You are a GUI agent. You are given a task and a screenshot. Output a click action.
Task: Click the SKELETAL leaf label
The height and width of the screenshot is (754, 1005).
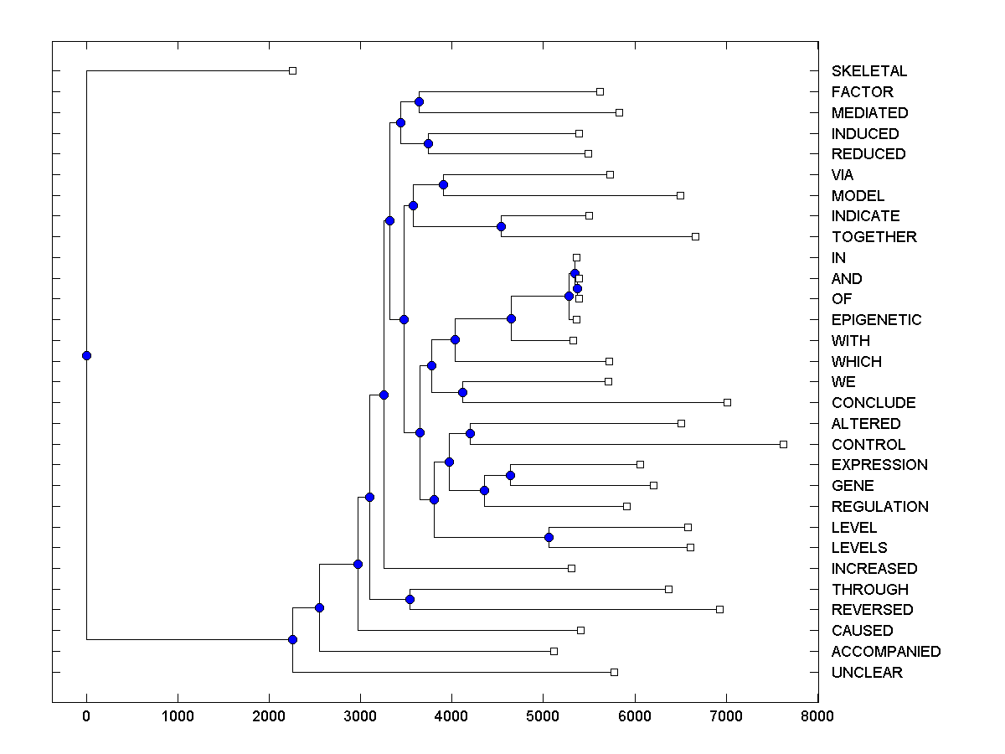(868, 71)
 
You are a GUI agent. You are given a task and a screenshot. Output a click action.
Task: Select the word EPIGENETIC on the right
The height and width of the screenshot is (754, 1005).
(876, 320)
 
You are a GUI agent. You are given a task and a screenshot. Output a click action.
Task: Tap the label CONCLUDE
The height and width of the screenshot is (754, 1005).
(874, 403)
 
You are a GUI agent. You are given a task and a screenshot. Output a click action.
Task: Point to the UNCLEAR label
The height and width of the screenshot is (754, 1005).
(867, 673)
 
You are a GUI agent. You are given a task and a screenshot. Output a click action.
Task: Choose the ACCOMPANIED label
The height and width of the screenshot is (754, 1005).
(886, 652)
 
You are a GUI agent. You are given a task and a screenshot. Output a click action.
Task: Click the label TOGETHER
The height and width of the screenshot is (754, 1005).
(874, 237)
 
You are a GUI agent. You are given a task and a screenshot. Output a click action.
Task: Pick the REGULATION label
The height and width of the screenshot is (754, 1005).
(879, 507)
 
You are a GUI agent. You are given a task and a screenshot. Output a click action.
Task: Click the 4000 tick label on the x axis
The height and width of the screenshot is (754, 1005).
(451, 715)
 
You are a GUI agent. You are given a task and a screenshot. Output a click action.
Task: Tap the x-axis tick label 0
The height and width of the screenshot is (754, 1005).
(86, 715)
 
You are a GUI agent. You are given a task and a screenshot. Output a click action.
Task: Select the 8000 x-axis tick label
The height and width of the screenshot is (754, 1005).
(817, 715)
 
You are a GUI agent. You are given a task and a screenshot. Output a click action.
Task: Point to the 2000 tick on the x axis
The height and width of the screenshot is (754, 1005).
(269, 715)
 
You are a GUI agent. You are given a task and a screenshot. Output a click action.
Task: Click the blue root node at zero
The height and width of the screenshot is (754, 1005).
(86, 355)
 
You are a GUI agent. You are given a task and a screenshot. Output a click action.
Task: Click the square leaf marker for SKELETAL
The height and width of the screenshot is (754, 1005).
(292, 70)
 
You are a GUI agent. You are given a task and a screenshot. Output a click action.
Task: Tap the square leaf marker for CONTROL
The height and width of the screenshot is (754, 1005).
(783, 444)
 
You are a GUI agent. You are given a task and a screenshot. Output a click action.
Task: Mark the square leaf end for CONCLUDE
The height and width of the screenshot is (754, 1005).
(727, 402)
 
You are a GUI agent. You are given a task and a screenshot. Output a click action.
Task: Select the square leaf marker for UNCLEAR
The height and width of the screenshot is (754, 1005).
(614, 672)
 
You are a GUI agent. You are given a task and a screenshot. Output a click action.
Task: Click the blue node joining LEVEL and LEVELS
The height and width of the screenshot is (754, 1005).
(549, 537)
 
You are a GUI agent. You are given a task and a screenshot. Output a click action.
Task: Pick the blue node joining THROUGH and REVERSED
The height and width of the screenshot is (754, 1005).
(410, 599)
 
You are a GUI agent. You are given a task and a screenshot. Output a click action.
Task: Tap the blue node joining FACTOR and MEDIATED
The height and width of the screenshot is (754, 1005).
(419, 101)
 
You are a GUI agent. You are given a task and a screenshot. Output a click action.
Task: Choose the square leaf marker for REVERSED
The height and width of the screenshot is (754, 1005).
(719, 609)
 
